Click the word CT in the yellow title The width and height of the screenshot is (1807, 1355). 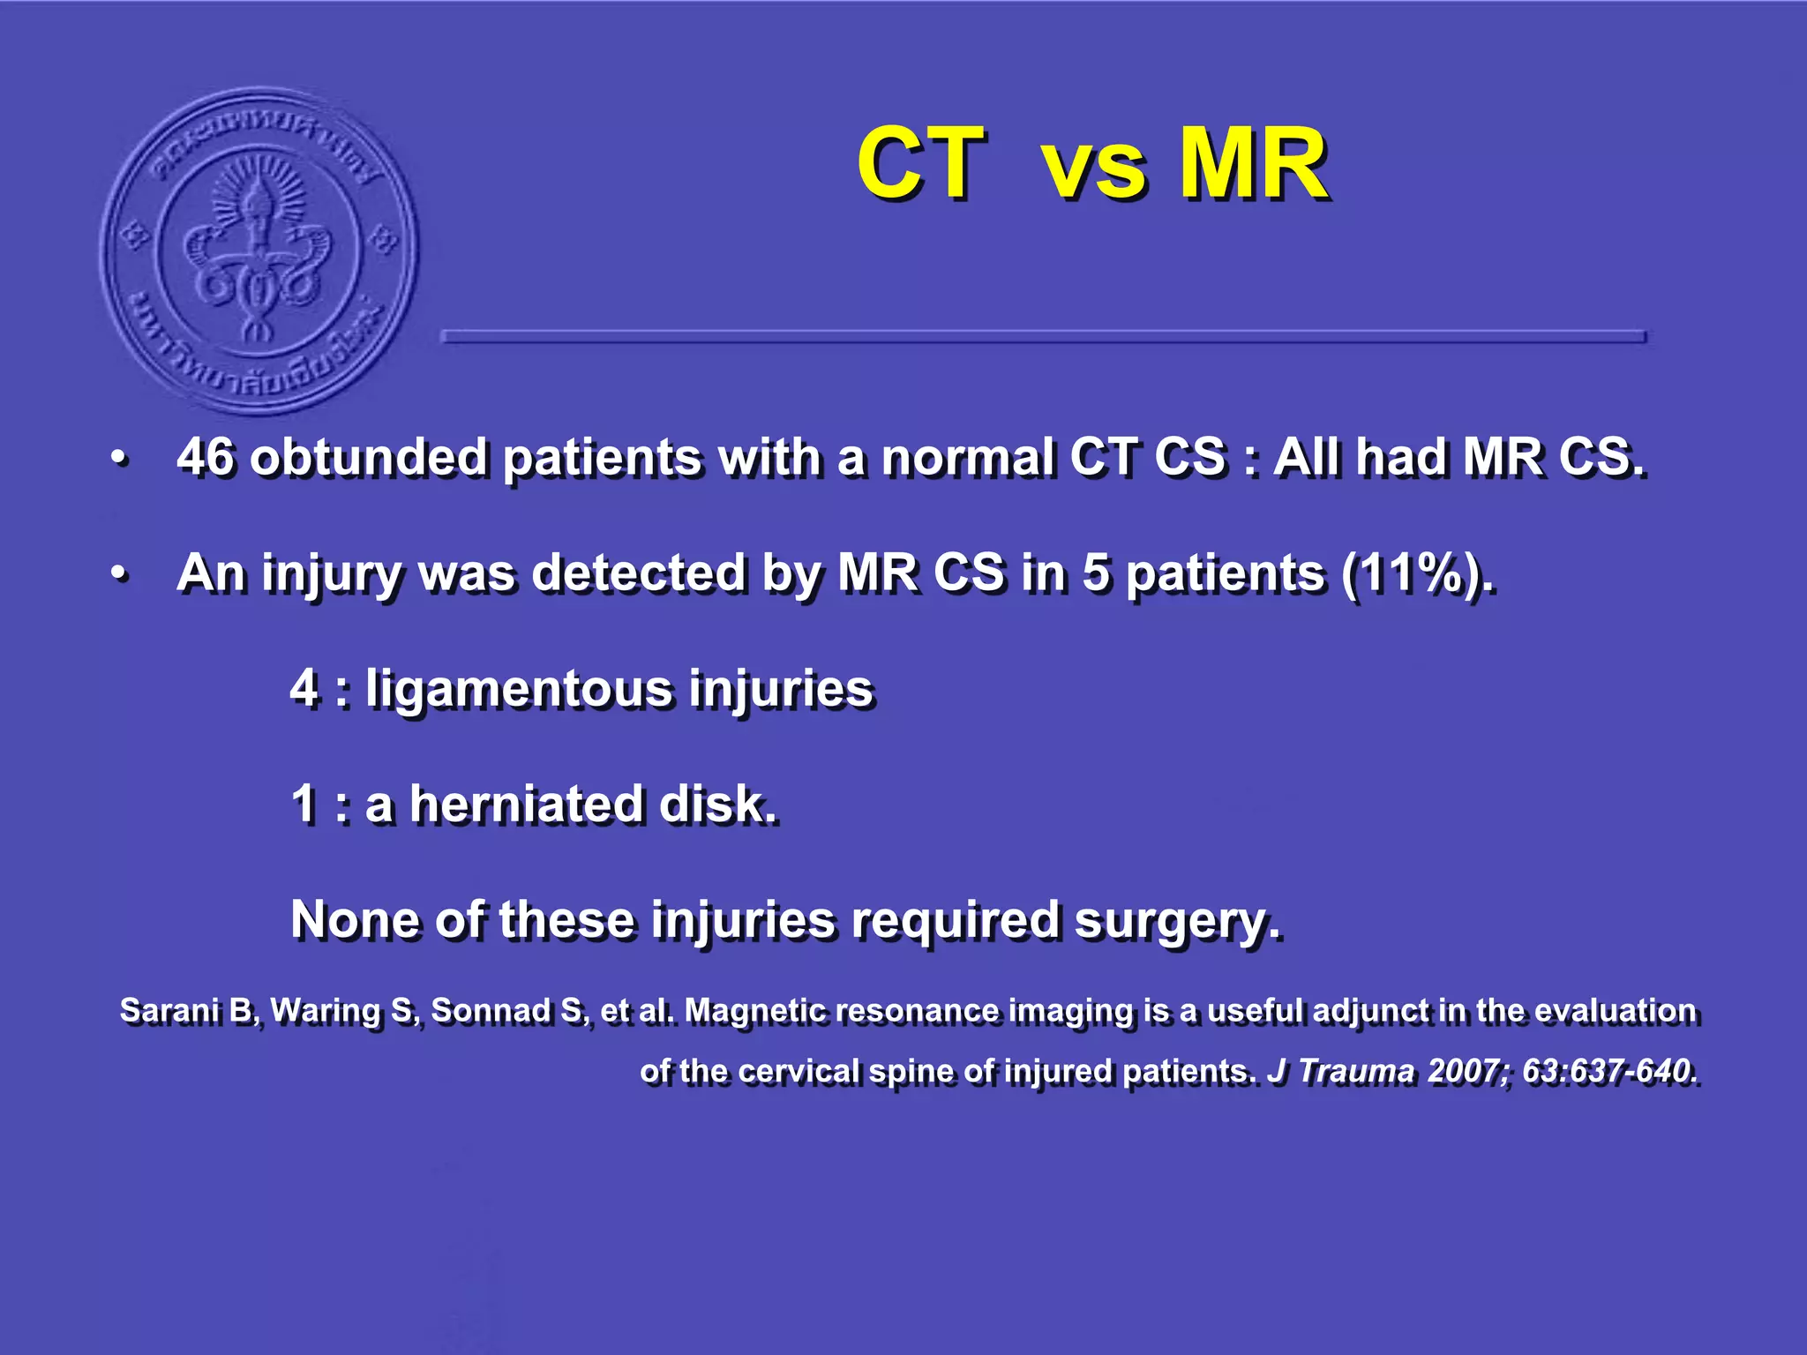(x=920, y=163)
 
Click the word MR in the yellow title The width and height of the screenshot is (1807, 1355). (x=1253, y=163)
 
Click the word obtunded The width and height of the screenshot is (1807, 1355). (x=368, y=458)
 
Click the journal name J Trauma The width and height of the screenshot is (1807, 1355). (x=1341, y=1071)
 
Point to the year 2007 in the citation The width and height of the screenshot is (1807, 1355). (x=1467, y=1071)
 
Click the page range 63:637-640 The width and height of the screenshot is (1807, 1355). (x=1608, y=1071)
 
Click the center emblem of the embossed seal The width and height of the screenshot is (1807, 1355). (x=259, y=249)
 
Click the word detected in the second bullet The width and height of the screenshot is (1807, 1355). (x=640, y=573)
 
